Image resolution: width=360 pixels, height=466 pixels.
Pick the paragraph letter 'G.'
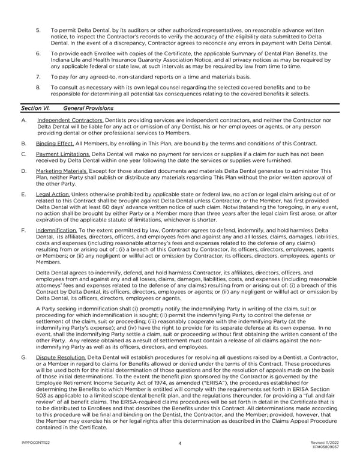[23, 358]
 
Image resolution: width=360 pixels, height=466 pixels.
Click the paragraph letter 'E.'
[23, 195]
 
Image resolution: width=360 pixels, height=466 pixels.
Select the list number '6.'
[38, 53]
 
